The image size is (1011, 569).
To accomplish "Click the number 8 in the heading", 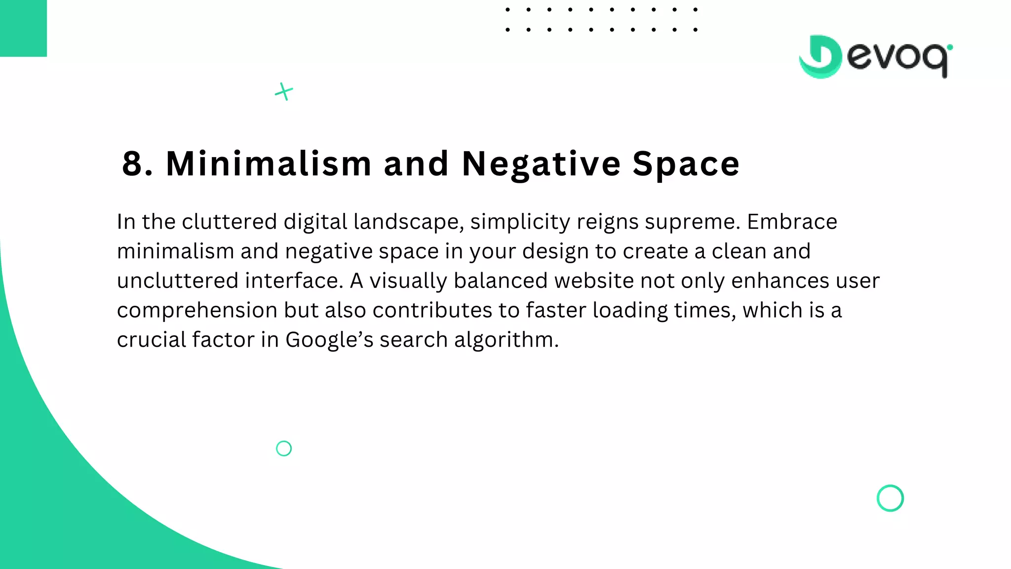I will tap(132, 163).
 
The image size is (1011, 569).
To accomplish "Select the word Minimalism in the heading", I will tap(269, 163).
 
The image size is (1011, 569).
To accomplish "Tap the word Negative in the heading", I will tap(541, 163).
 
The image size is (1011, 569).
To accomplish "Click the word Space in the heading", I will tap(686, 163).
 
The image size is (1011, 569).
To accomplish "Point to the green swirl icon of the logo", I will tap(820, 57).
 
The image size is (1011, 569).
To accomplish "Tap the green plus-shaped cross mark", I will tap(284, 91).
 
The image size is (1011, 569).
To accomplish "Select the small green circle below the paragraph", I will tap(284, 448).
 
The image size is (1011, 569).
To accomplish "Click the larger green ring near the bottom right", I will tap(890, 498).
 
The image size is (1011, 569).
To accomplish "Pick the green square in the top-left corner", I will tap(23, 28).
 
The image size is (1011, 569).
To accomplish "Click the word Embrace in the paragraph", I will tap(792, 222).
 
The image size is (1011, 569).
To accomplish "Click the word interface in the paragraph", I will tap(294, 281).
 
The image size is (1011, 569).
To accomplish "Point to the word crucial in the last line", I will tap(151, 340).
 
